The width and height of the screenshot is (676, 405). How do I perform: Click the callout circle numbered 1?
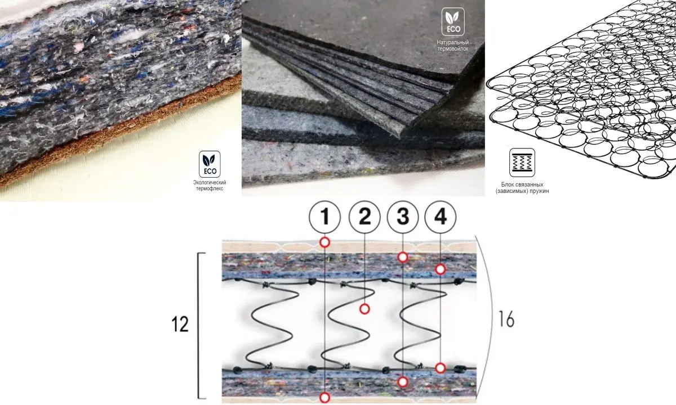325,217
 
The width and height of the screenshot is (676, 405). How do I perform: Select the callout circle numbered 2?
364,217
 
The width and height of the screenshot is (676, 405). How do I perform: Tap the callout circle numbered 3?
402,217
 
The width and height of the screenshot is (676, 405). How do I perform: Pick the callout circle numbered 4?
441,217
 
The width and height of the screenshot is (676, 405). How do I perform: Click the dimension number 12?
180,325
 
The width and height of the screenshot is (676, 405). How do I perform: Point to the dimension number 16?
506,319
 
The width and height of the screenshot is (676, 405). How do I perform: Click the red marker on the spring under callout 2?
364,309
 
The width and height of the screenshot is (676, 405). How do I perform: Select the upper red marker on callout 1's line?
324,242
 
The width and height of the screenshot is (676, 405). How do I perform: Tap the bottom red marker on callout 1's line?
324,398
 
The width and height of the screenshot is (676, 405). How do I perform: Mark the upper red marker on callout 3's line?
402,257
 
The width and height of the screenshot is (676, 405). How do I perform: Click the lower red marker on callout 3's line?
402,382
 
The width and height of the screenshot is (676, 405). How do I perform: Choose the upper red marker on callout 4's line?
441,269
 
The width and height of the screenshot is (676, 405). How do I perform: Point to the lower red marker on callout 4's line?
441,368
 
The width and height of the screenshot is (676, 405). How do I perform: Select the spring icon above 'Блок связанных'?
522,163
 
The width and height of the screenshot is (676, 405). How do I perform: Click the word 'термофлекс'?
209,189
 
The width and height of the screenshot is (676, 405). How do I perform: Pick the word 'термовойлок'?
453,49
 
